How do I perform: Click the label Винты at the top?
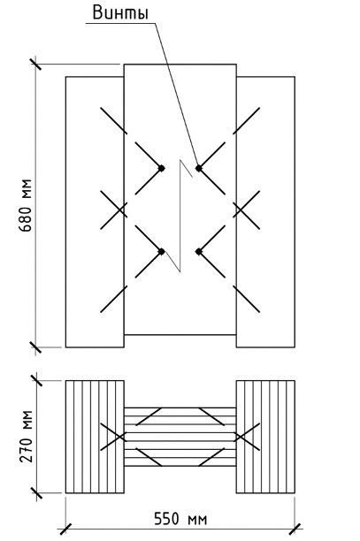coord(121,13)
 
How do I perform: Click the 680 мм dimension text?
coord(27,206)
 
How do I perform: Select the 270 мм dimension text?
coord(27,437)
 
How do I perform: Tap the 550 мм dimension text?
coord(180,519)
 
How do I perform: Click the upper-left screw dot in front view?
coord(161,168)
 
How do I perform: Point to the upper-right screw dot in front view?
coord(198,168)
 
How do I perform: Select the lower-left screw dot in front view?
coord(161,252)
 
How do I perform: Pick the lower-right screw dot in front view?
coord(198,252)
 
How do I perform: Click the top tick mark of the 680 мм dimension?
coord(35,65)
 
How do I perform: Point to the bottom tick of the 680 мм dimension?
coord(35,347)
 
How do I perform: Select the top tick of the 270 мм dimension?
coord(36,381)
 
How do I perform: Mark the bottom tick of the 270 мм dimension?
coord(36,492)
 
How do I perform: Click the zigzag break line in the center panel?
coord(180,216)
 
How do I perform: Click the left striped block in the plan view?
coord(95,437)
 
